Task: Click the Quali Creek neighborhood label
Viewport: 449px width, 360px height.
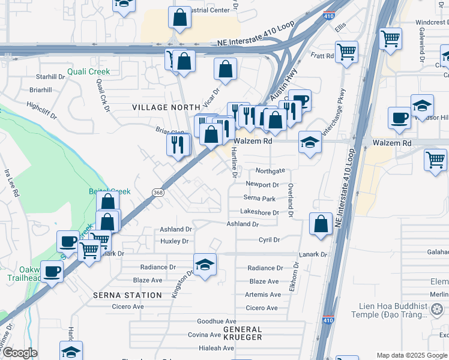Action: pyautogui.click(x=88, y=71)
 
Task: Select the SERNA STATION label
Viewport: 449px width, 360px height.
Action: pyautogui.click(x=127, y=295)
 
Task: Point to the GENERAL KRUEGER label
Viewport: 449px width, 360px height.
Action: pyautogui.click(x=243, y=333)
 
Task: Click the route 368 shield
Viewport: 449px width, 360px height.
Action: pyautogui.click(x=158, y=193)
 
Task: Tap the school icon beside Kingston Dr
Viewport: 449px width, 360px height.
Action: pyautogui.click(x=205, y=265)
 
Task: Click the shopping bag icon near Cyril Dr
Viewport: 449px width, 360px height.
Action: pyautogui.click(x=321, y=224)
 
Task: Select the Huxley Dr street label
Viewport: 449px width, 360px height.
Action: pyautogui.click(x=175, y=241)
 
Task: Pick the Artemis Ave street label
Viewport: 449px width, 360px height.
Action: pyautogui.click(x=263, y=295)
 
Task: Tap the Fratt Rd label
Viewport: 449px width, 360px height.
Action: pyautogui.click(x=322, y=56)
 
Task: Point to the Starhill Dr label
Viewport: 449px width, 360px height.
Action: pyautogui.click(x=50, y=77)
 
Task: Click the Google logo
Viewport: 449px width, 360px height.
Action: pyautogui.click(x=20, y=353)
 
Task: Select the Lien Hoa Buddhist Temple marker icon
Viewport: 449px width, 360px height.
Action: pyautogui.click(x=437, y=309)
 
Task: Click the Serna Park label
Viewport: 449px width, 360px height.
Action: pyautogui.click(x=259, y=198)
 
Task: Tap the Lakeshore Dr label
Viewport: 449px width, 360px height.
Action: pyautogui.click(x=259, y=212)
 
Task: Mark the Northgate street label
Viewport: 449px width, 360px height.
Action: pyautogui.click(x=270, y=171)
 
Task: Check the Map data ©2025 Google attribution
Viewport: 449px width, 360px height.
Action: pyautogui.click(x=411, y=355)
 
